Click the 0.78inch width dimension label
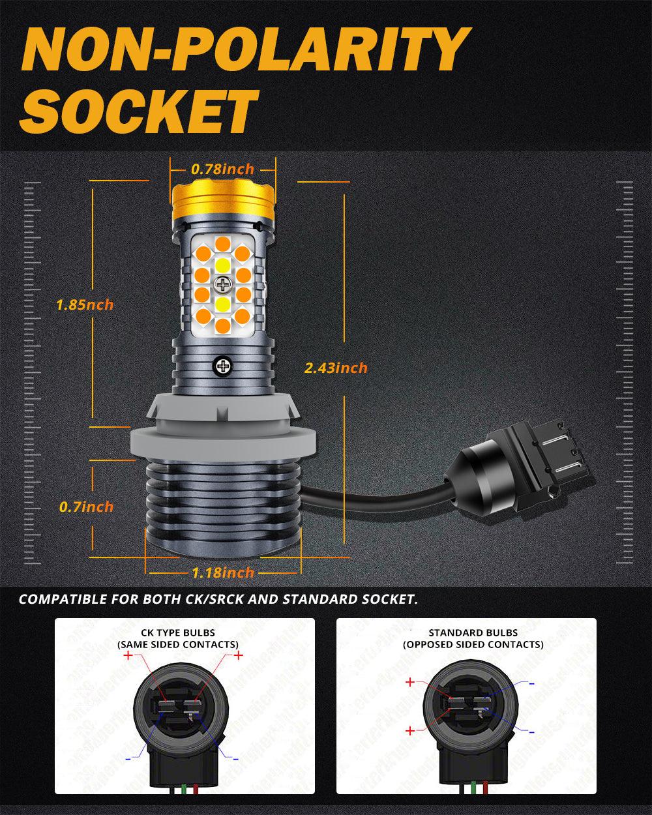coord(222,170)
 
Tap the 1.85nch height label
coord(85,304)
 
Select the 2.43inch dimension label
coord(336,368)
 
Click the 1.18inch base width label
coord(223,573)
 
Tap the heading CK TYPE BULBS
coord(177,632)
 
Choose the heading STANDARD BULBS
coord(473,632)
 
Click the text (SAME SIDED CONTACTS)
coord(177,644)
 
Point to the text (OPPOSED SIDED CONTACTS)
coord(473,644)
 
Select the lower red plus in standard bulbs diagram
coord(409,731)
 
